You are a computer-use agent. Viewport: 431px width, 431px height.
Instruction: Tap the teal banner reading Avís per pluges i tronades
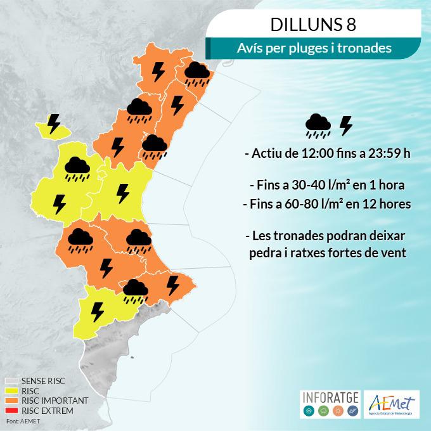click(314, 48)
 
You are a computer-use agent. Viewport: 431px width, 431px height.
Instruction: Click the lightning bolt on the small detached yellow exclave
click(55, 122)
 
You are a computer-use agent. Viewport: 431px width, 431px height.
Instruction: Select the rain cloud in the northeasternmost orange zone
click(197, 75)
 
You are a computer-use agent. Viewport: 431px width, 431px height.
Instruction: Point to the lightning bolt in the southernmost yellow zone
click(98, 312)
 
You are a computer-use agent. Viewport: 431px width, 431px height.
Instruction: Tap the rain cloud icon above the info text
click(317, 126)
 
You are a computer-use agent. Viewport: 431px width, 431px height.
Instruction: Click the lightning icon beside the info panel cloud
click(346, 126)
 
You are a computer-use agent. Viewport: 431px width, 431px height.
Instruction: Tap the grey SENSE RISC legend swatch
click(12, 382)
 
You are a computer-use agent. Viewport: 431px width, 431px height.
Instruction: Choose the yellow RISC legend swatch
click(12, 391)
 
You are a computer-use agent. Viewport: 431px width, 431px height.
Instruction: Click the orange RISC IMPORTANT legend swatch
click(12, 401)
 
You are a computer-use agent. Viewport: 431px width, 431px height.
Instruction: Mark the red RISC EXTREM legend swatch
click(12, 411)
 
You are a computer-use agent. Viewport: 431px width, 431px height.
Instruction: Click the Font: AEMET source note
click(22, 421)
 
